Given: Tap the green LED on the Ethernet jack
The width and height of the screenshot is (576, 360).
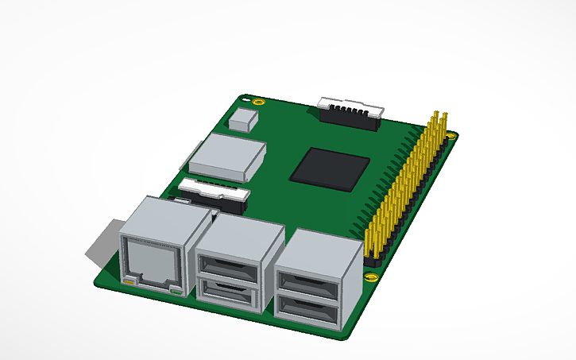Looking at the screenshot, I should [x=176, y=291].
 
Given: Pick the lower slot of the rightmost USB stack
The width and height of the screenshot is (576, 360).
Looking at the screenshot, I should [x=307, y=310].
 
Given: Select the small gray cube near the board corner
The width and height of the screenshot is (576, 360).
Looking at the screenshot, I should [x=242, y=120].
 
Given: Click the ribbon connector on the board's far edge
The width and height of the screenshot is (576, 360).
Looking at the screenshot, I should [x=350, y=111].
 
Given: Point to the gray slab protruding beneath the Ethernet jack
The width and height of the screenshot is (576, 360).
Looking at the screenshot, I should [x=103, y=242].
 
